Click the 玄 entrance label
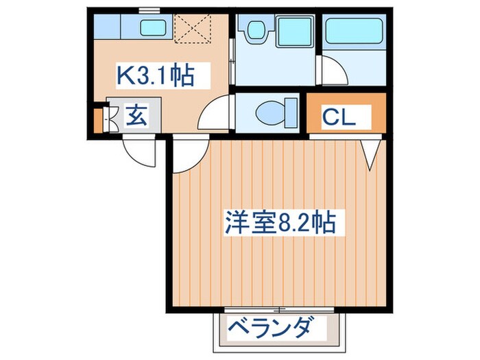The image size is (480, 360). click(136, 116)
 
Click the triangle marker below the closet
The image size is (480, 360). click(371, 154)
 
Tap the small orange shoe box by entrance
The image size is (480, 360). click(97, 116)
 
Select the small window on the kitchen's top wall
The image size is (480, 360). click(145, 9)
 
